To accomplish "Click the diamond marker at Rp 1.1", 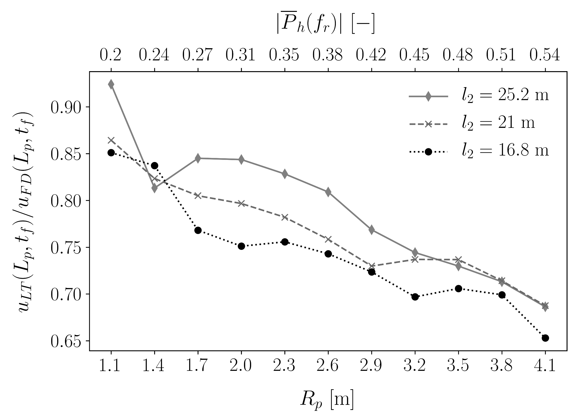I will pos(111,84).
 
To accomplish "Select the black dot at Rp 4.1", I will pos(545,338).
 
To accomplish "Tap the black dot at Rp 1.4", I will pos(154,166).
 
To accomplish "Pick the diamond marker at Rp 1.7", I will pos(198,158).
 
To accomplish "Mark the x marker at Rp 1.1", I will pos(111,140).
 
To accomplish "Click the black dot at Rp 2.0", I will pos(241,246).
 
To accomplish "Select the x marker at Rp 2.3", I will pos(285,217).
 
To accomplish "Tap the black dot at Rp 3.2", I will pos(415,297).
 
